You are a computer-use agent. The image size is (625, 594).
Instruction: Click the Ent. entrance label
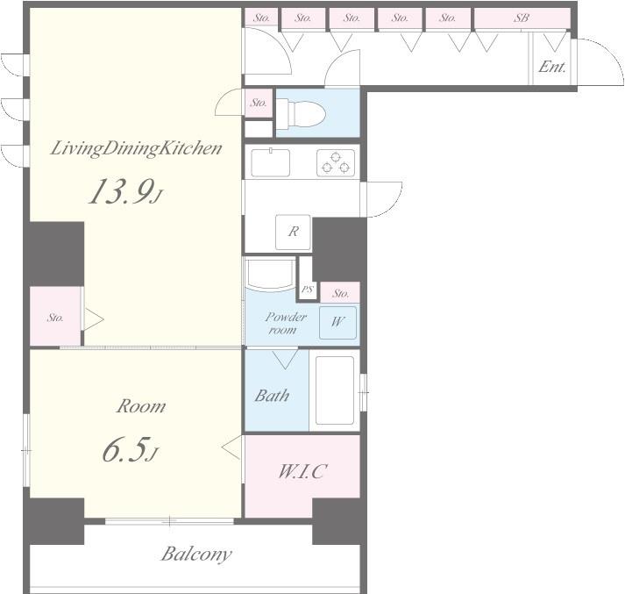click(552, 67)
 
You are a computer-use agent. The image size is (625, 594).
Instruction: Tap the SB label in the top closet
click(522, 18)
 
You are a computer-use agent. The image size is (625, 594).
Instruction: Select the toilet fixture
click(301, 114)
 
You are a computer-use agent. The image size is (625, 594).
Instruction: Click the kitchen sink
click(270, 163)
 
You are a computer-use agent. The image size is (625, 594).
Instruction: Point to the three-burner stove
click(336, 163)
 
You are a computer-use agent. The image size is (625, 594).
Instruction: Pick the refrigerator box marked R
click(293, 233)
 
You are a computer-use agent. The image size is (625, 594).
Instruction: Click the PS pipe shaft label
click(308, 290)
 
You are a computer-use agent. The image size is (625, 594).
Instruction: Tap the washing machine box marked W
click(337, 323)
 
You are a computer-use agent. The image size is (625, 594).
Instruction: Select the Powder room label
click(285, 323)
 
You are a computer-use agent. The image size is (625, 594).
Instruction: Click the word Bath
click(272, 396)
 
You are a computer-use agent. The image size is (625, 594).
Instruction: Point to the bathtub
click(335, 390)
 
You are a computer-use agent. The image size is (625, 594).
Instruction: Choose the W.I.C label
click(302, 471)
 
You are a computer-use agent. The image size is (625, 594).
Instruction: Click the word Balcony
click(196, 555)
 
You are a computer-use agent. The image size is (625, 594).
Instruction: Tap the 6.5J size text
click(131, 450)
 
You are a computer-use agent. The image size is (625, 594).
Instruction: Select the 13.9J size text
click(125, 192)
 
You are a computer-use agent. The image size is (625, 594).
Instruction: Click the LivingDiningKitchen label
click(136, 149)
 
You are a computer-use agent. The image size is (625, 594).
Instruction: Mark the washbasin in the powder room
click(270, 276)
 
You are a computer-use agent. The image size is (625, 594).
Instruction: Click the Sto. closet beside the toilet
click(259, 103)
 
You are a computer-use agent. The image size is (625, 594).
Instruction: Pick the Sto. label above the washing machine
click(340, 294)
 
